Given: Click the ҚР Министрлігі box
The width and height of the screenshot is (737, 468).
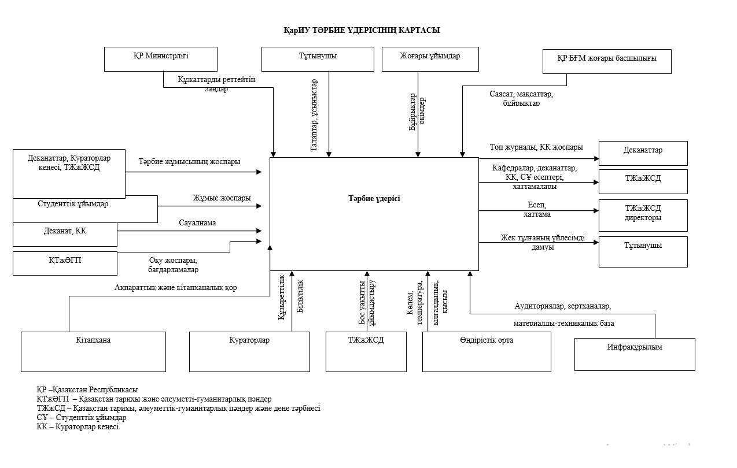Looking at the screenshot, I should pyautogui.click(x=161, y=59).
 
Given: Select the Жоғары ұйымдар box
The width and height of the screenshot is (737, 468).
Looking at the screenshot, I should pyautogui.click(x=430, y=59).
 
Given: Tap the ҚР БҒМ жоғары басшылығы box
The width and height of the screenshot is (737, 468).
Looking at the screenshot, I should pyautogui.click(x=607, y=61).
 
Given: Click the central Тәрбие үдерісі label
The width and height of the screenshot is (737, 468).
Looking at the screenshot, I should pyautogui.click(x=374, y=199).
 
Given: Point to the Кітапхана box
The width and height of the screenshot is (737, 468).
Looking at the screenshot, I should pyautogui.click(x=93, y=351).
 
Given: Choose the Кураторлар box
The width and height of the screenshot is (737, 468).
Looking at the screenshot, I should pyautogui.click(x=249, y=351).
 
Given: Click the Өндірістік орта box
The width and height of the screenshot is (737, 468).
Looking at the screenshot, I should pyautogui.click(x=487, y=351).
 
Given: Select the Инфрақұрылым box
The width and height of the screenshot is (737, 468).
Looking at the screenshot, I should pyautogui.click(x=635, y=354).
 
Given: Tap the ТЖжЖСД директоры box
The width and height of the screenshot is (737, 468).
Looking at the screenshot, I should pyautogui.click(x=643, y=215).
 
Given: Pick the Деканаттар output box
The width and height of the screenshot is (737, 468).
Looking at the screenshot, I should pyautogui.click(x=643, y=153).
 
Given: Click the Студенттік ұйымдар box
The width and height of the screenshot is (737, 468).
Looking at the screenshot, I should pyautogui.click(x=85, y=209).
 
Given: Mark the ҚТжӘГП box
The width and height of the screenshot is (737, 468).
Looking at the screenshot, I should pyautogui.click(x=65, y=263).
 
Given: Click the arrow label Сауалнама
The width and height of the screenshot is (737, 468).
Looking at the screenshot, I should pyautogui.click(x=197, y=223).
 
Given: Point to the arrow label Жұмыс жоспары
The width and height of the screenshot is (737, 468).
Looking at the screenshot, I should pyautogui.click(x=222, y=198).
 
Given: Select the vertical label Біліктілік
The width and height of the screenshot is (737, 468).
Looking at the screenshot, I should pyautogui.click(x=300, y=296).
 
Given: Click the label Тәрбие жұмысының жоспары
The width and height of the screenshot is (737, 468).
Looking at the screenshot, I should pyautogui.click(x=189, y=162).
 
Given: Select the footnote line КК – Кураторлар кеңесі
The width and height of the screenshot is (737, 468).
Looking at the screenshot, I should pyautogui.click(x=78, y=427).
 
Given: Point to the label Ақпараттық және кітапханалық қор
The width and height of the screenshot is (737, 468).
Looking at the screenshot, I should pyautogui.click(x=175, y=287).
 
